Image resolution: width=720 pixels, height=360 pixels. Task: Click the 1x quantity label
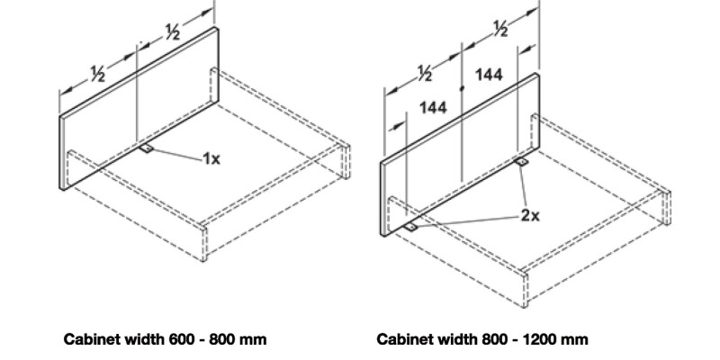[x=211, y=159]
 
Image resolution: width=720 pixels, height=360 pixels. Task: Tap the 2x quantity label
[x=530, y=215]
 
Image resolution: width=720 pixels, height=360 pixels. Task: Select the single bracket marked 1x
[x=147, y=148]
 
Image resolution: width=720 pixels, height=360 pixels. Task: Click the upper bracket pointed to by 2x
[x=521, y=162]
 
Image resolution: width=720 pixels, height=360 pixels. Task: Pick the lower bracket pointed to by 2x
[x=411, y=227]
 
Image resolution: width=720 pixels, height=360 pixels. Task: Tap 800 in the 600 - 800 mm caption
[x=224, y=340]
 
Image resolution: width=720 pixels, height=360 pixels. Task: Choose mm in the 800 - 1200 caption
[x=577, y=341]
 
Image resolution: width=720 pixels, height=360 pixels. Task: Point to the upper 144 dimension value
[x=489, y=75]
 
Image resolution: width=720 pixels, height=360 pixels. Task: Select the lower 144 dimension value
[x=433, y=107]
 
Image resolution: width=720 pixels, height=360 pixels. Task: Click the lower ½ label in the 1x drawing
[x=98, y=74]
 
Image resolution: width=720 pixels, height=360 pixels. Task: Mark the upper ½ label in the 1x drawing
[x=172, y=31]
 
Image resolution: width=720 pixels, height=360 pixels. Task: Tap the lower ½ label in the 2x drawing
[x=425, y=74]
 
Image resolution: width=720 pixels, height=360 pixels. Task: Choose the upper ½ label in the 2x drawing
[x=500, y=29]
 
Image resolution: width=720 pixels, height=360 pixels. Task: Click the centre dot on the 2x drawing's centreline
[x=462, y=88]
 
